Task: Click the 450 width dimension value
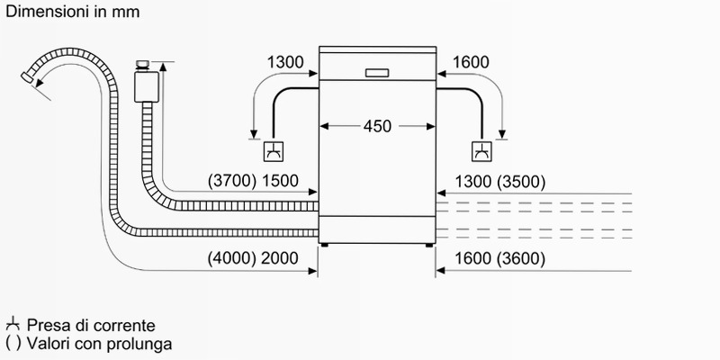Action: click(x=377, y=126)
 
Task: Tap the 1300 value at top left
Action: click(x=285, y=62)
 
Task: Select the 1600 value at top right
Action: click(x=471, y=62)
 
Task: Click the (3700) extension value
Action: click(x=232, y=182)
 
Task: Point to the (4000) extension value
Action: click(x=232, y=258)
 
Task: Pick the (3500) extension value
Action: click(x=522, y=183)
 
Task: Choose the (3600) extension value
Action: click(x=522, y=259)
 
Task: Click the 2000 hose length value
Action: click(x=280, y=258)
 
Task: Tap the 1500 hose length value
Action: click(x=280, y=182)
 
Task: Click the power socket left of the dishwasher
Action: click(x=274, y=151)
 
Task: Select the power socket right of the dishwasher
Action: click(x=481, y=151)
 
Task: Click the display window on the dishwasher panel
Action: click(x=377, y=73)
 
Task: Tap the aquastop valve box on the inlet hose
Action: click(x=147, y=86)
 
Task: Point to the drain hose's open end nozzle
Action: click(x=28, y=78)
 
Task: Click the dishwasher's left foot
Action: click(x=325, y=246)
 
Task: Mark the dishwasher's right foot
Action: click(x=429, y=246)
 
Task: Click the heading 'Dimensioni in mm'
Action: click(x=73, y=12)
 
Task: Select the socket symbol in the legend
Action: click(x=13, y=325)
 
